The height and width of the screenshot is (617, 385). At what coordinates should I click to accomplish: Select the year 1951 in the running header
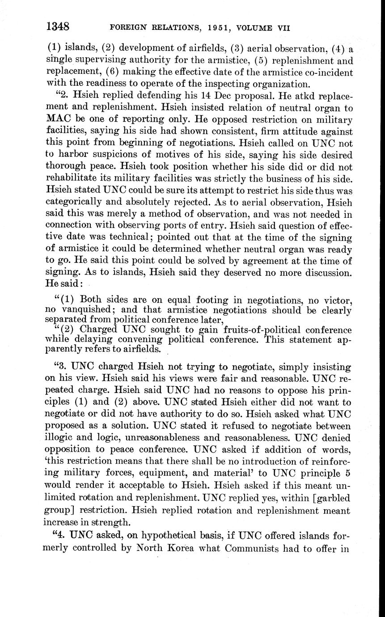216,28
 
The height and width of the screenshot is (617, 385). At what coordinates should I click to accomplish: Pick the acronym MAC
58,119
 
